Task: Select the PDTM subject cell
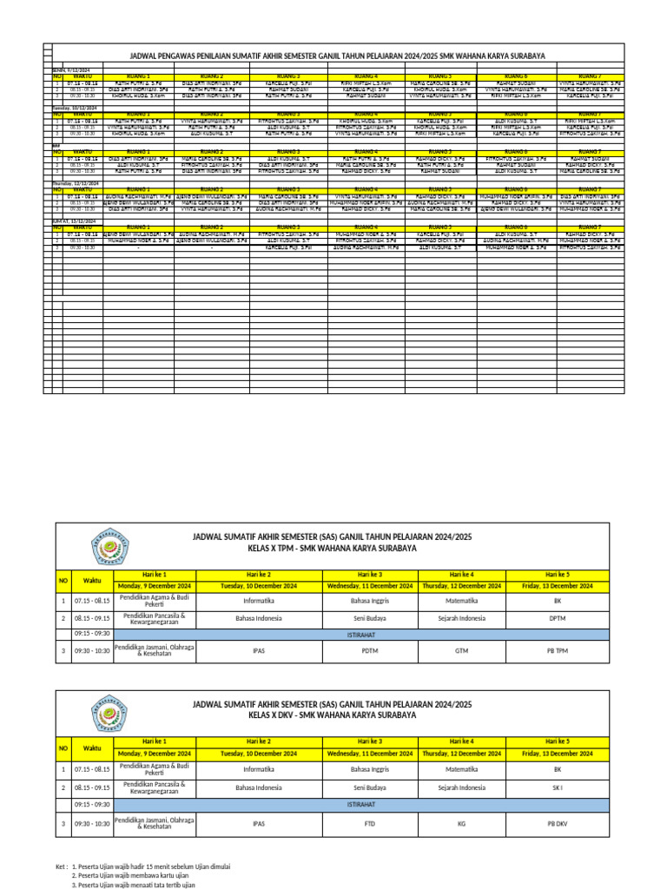370,649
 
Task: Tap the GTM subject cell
461,649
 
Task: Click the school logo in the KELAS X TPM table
110,550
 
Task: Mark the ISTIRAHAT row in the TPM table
370,635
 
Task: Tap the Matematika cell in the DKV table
461,769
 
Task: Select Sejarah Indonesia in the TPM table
461,620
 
